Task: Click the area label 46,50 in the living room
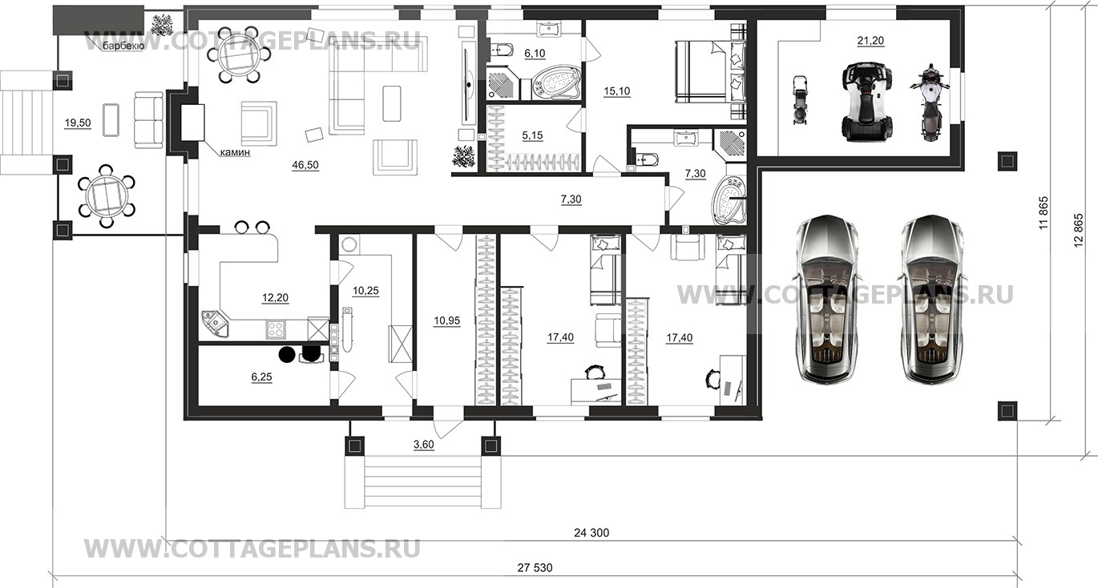click(305, 165)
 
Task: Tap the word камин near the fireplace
click(235, 152)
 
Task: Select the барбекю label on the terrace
click(123, 46)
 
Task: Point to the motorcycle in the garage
click(930, 103)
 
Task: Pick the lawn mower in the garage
click(800, 100)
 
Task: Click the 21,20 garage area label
click(870, 41)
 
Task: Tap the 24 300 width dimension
click(591, 533)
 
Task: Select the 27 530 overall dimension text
click(535, 568)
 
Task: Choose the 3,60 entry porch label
click(424, 445)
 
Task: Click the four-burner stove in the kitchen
click(276, 328)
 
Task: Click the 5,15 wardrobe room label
click(532, 135)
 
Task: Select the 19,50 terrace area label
click(78, 123)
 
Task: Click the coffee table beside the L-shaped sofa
click(392, 103)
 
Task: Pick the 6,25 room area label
click(262, 377)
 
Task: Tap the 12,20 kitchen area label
click(276, 297)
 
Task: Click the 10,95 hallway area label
click(447, 321)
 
